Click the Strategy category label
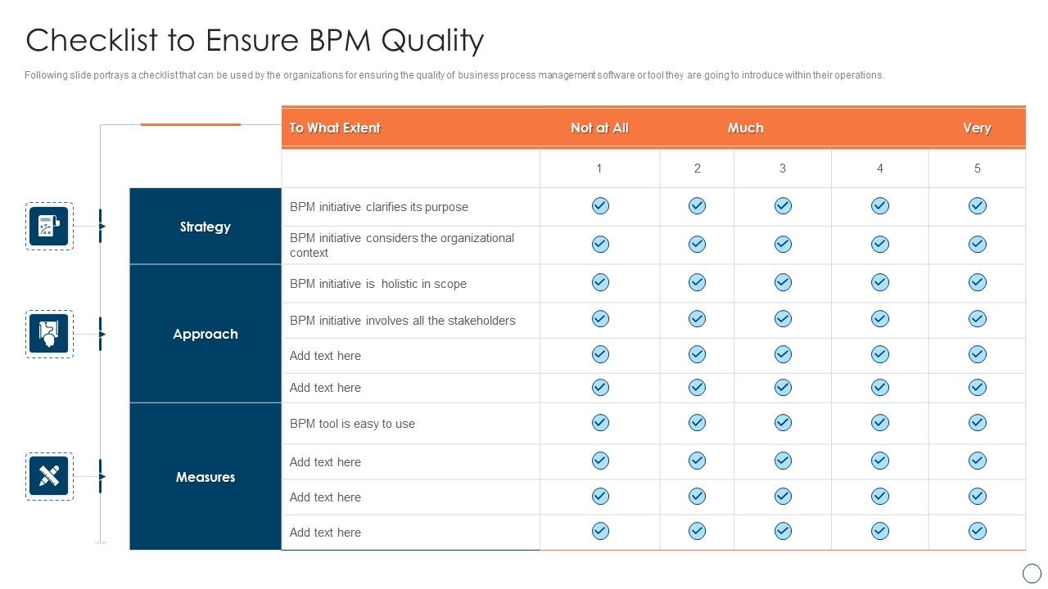205,227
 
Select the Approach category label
205,334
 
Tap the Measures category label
205,477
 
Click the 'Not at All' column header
599,128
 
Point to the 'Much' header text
745,128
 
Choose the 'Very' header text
977,128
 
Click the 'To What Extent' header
335,128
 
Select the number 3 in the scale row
782,169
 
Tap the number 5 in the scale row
977,169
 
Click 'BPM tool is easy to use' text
352,424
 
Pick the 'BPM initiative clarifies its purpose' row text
378,207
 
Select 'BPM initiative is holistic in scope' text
377,284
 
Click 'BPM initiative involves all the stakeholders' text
402,321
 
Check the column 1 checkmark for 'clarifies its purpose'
600,206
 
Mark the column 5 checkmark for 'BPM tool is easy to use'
977,423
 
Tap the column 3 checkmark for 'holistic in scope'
783,282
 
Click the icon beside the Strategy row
49,227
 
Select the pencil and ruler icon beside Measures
49,476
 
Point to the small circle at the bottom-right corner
1032,573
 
